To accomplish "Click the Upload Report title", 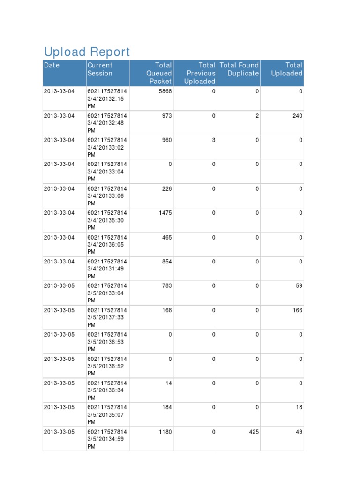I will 87,52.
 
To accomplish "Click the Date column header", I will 52,66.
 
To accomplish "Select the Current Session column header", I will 100,69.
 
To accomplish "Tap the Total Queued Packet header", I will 159,73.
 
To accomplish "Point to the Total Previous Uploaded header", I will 200,73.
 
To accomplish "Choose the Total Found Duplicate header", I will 239,69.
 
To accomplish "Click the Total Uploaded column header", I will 286,69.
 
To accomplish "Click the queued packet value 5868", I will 165,91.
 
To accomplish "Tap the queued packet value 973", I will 167,116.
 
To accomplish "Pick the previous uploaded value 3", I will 214,140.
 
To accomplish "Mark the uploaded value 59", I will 299,286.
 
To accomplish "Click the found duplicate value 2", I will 257,116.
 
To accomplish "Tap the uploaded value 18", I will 299,407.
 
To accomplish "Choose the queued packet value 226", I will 167,188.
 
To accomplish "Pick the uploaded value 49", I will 299,432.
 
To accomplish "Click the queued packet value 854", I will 167,262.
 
